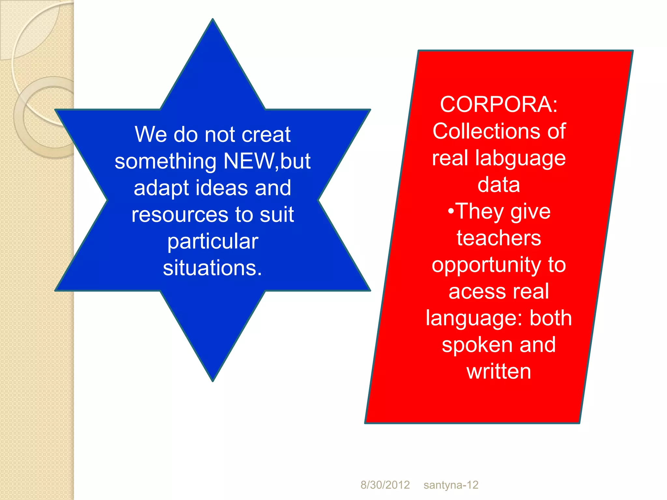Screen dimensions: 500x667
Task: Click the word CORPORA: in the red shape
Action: [499, 105]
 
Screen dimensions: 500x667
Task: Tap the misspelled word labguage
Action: [520, 159]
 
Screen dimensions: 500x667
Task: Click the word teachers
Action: [499, 238]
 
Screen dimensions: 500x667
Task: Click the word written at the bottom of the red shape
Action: [499, 371]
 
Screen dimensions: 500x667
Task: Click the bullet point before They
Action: [451, 211]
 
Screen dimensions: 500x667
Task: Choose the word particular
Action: [213, 242]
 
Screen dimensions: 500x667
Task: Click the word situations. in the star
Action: [212, 268]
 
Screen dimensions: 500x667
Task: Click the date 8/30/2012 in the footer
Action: [385, 485]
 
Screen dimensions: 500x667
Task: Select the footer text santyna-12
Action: [451, 485]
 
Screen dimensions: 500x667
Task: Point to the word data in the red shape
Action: [499, 185]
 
